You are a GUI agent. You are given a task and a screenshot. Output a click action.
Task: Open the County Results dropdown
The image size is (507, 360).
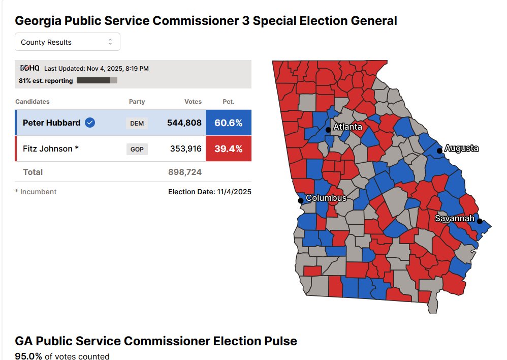tap(67, 42)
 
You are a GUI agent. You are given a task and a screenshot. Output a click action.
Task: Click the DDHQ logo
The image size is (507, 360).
tap(29, 68)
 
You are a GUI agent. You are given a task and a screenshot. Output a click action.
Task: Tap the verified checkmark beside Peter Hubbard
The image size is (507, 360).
tap(90, 123)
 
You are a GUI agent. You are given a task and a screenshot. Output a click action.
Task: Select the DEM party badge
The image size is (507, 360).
tap(137, 123)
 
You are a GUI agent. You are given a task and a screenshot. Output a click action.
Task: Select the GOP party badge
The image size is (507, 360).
tap(137, 149)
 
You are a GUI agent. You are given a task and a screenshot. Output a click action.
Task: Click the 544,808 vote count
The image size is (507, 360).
tap(184, 123)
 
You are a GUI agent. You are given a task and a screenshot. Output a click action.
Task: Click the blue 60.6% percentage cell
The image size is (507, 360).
tap(228, 123)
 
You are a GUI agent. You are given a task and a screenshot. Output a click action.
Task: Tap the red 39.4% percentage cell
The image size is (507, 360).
tap(228, 149)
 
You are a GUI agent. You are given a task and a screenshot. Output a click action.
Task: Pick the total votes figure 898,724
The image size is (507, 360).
tap(185, 172)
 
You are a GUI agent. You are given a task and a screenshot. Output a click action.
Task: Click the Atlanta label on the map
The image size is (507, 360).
tap(347, 127)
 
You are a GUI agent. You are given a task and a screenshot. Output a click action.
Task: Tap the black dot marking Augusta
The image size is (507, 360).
tap(439, 151)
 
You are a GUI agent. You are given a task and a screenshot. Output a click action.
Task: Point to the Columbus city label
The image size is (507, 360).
tap(326, 198)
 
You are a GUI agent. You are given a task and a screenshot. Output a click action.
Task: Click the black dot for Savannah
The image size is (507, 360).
tap(480, 221)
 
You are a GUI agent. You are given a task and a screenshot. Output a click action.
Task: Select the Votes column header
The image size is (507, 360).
tap(193, 102)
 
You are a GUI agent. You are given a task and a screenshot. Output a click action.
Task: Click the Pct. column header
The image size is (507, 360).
tap(229, 102)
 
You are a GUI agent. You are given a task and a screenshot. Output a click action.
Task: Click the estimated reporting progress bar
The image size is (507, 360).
tap(97, 80)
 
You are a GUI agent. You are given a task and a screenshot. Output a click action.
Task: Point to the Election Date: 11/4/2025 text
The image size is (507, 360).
tap(210, 192)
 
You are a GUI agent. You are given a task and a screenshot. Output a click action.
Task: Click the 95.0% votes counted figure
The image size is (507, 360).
tap(28, 356)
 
